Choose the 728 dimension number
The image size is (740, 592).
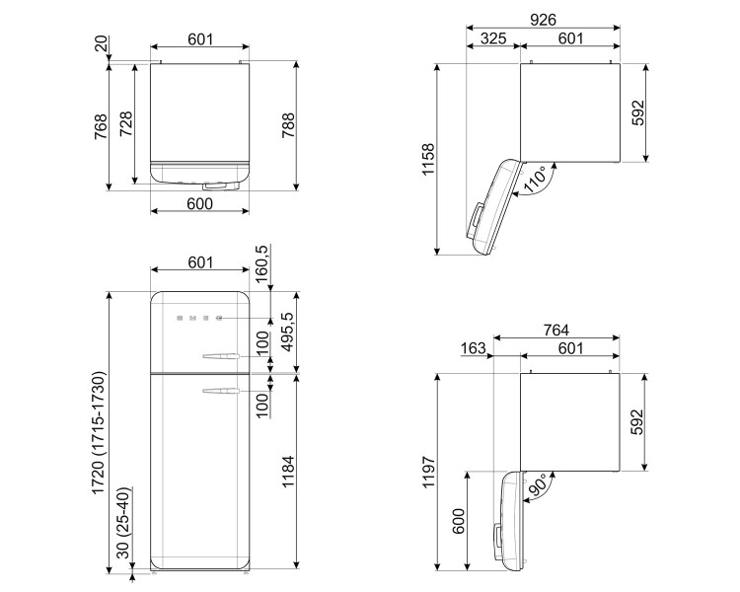(126, 123)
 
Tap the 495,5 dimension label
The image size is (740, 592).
(288, 333)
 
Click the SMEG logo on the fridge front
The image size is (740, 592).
(199, 319)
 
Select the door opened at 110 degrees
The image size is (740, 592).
(493, 207)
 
